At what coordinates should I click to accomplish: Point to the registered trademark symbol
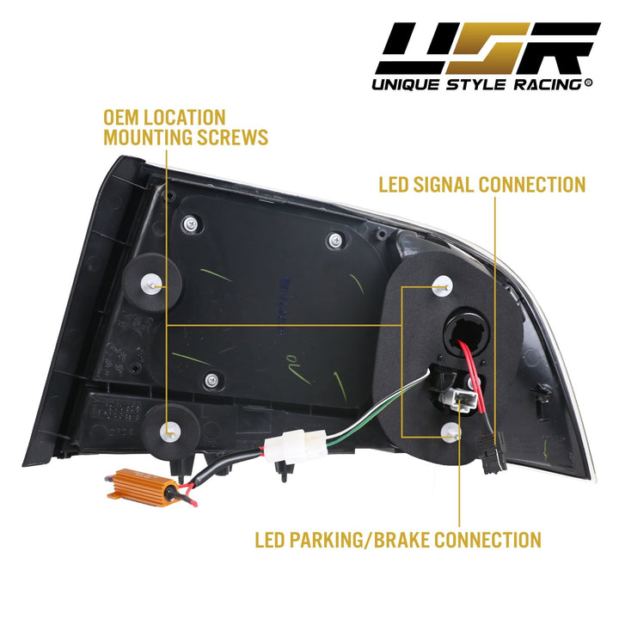click(588, 83)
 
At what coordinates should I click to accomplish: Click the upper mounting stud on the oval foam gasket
click(443, 283)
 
